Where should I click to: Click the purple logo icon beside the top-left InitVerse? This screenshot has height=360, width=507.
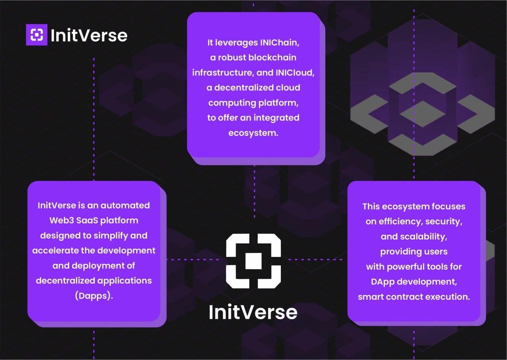click(x=37, y=34)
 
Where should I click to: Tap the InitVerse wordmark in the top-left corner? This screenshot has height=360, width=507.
click(x=89, y=36)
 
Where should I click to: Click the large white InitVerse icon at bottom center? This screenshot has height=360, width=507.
click(x=253, y=261)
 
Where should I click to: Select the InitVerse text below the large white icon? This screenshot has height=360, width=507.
click(x=253, y=312)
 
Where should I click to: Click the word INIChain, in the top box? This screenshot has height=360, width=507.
click(x=280, y=42)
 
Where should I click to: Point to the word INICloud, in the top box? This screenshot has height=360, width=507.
click(x=295, y=73)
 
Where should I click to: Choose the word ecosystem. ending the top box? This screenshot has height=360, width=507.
click(x=253, y=133)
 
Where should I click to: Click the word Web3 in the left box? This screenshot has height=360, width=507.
click(x=61, y=220)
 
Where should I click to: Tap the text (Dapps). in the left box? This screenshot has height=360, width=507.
click(x=94, y=296)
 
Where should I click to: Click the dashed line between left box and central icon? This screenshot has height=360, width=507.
click(x=193, y=259)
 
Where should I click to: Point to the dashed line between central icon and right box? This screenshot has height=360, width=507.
click(x=315, y=259)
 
